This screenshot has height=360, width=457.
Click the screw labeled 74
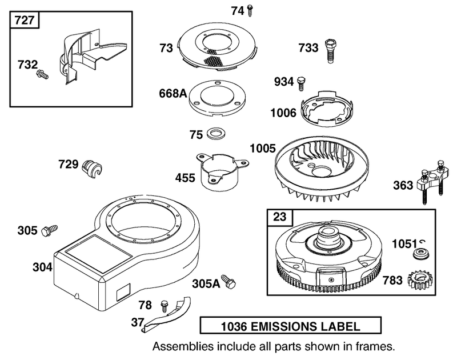[x=250, y=11]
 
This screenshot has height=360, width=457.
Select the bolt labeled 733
[x=330, y=50]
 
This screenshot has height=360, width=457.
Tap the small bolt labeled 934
[x=302, y=84]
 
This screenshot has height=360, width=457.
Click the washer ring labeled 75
[x=216, y=134]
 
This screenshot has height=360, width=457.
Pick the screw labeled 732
[x=42, y=74]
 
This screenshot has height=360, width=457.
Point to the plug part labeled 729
[x=92, y=169]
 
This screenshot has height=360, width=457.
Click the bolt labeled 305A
[x=228, y=282]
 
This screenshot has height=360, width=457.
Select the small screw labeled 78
[x=165, y=307]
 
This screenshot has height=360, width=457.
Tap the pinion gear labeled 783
[x=420, y=281]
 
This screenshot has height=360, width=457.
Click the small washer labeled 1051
[x=421, y=253]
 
